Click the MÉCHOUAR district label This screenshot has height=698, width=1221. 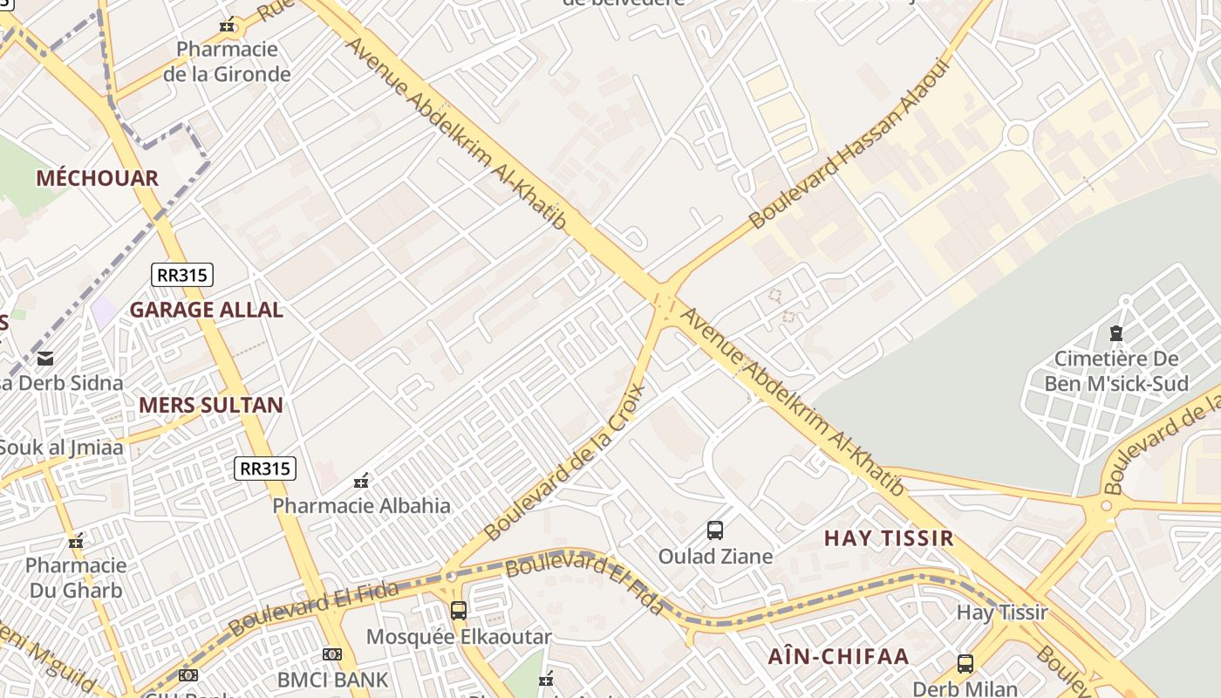tap(97, 179)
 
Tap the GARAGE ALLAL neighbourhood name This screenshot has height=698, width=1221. tap(206, 310)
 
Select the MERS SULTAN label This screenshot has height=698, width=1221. tap(211, 405)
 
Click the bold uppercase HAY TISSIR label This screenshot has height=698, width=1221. tap(889, 538)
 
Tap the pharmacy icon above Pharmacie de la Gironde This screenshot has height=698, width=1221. tap(227, 26)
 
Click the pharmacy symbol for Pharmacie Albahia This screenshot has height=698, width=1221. tap(361, 481)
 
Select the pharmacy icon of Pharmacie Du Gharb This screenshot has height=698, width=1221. tap(77, 542)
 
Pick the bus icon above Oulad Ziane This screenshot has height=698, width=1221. tap(715, 530)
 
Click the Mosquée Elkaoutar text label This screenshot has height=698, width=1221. tap(459, 637)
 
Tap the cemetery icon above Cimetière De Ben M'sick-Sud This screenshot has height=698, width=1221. tap(1115, 332)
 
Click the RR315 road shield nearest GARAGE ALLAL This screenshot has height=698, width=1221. tap(182, 276)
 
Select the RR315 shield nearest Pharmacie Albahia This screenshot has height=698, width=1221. tap(266, 469)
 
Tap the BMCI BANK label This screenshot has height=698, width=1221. tap(332, 679)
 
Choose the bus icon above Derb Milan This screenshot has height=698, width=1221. tap(965, 664)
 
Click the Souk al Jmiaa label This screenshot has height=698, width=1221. tap(61, 448)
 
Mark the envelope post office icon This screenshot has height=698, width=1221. tap(44, 358)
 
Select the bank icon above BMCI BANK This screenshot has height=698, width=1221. tap(331, 654)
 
